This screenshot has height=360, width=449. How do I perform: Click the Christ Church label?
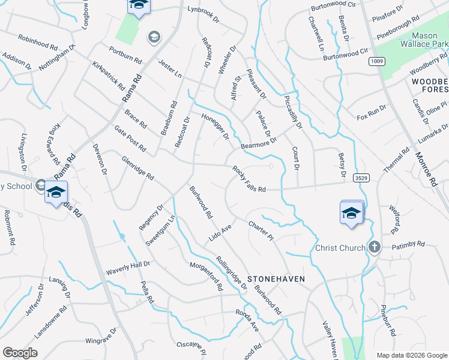click(340, 248)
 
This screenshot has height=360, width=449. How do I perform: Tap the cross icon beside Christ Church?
click(374, 247)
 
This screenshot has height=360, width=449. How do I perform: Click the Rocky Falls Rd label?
click(249, 179)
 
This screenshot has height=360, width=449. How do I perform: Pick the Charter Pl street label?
click(261, 230)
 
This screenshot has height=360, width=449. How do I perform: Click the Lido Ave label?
click(220, 231)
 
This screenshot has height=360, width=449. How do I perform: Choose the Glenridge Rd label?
click(138, 169)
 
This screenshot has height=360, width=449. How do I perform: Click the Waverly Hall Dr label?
click(128, 267)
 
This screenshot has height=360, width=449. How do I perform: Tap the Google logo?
click(20, 353)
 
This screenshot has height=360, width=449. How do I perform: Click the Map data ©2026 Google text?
click(411, 355)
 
